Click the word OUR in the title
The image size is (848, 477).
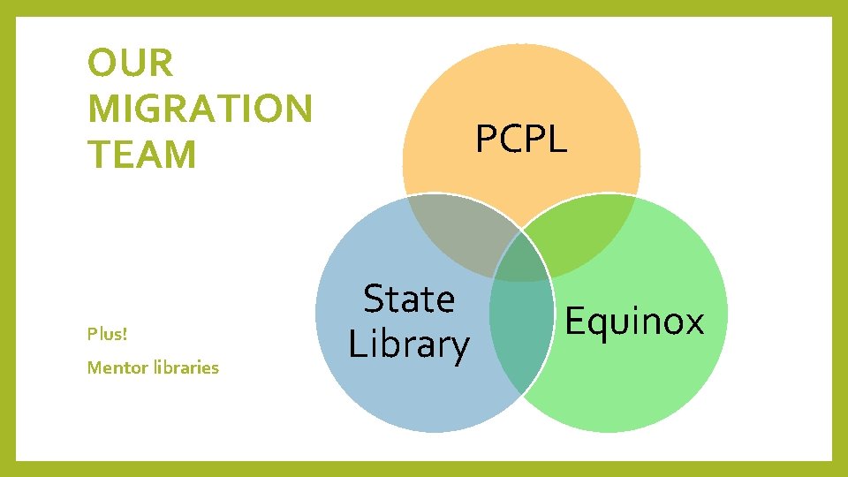(131, 64)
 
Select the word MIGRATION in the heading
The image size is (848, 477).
(200, 110)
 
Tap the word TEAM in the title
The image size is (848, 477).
(141, 155)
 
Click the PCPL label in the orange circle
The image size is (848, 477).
(521, 139)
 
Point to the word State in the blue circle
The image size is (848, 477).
(409, 299)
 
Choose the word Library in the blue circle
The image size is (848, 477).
(408, 344)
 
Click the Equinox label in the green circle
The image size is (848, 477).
(634, 321)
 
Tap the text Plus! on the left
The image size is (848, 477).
(107, 335)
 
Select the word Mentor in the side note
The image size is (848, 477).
(114, 367)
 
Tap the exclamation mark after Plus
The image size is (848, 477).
(125, 335)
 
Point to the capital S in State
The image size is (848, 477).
(375, 299)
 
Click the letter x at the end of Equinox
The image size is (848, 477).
(693, 323)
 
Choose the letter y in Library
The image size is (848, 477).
(458, 348)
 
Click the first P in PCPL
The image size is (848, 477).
(486, 139)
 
